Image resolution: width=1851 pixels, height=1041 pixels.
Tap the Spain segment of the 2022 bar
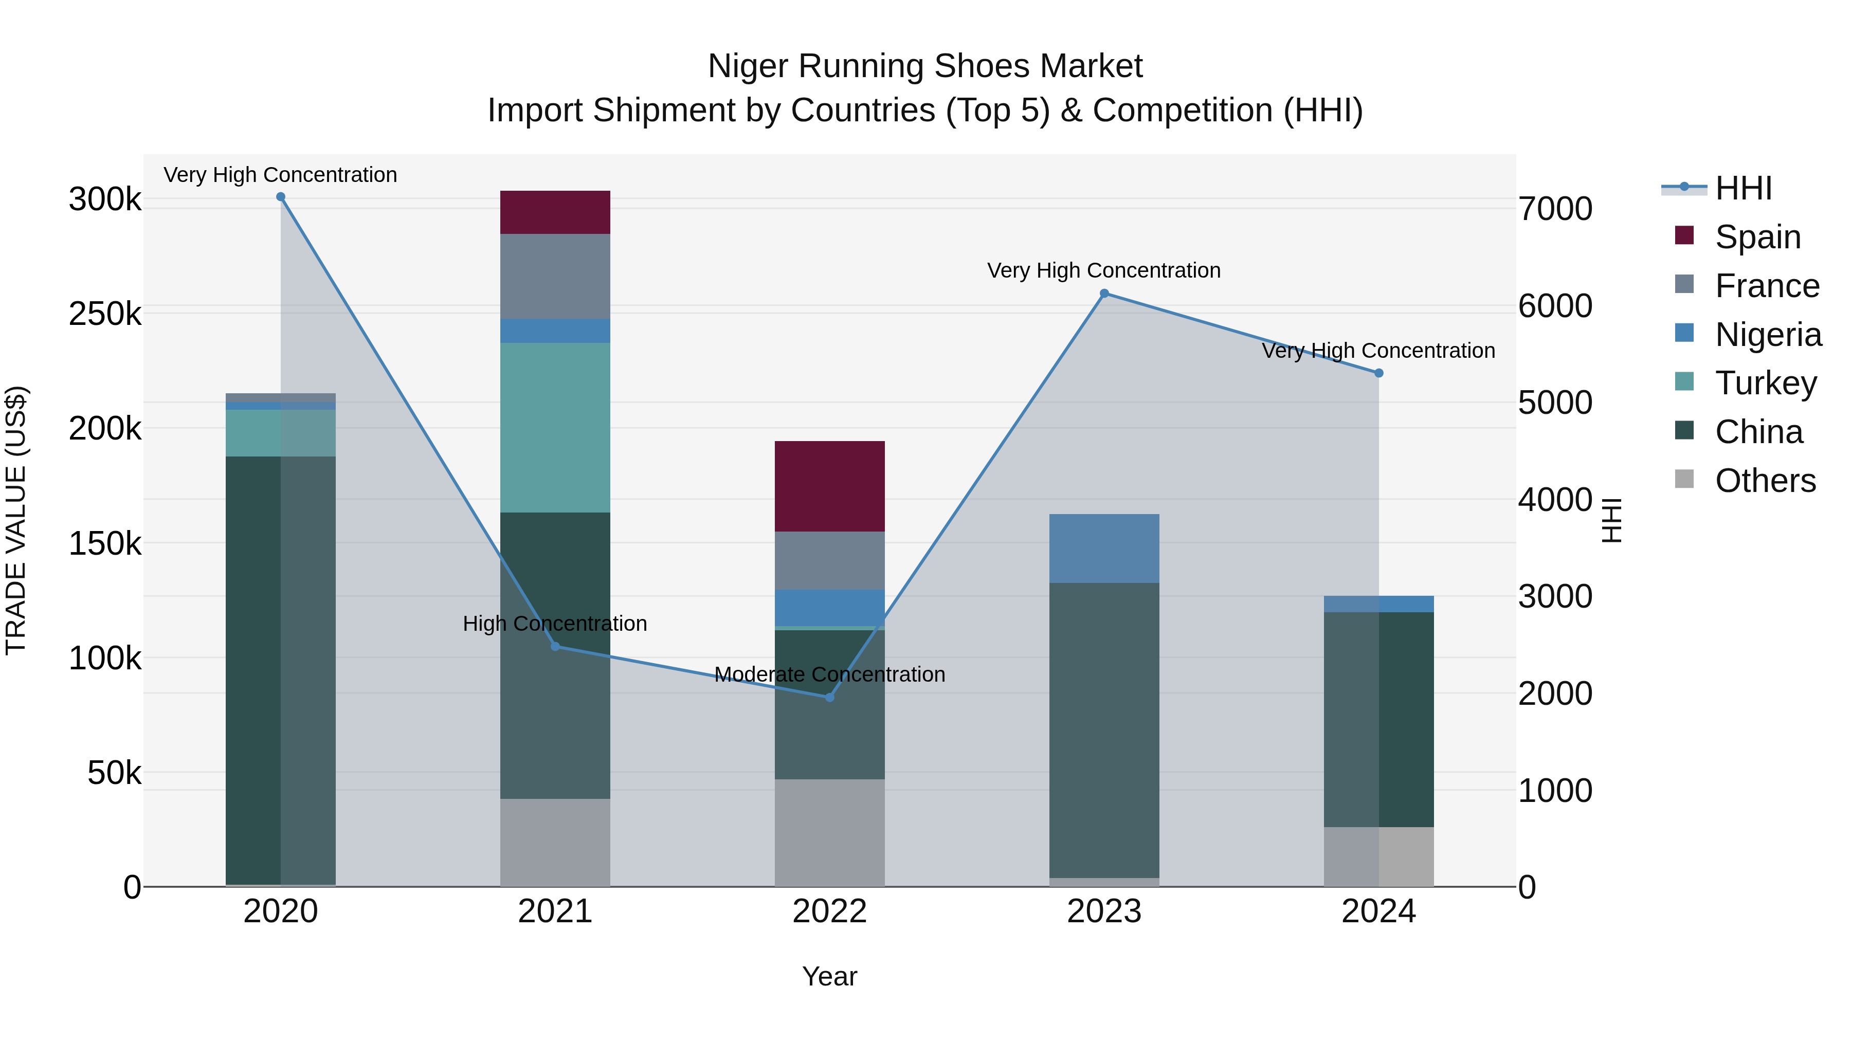829,486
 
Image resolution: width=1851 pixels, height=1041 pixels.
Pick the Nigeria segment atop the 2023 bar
1104,547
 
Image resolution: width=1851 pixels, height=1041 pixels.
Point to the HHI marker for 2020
281,197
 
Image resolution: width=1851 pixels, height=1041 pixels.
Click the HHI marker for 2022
829,697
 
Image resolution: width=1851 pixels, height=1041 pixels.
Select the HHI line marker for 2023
1104,293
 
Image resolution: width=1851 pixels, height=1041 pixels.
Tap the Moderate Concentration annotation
829,674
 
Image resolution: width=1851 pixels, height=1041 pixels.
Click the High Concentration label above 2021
555,624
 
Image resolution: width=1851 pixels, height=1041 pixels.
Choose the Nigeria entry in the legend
1768,335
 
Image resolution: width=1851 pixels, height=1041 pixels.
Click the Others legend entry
1765,481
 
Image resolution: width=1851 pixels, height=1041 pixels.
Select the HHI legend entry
1743,188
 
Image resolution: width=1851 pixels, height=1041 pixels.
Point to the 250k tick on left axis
105,314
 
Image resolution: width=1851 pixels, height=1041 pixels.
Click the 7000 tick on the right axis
1555,209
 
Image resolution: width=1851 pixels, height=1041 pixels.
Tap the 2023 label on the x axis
1104,911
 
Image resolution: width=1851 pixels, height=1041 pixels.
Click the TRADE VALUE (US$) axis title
16,520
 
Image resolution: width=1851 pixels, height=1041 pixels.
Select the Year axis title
829,976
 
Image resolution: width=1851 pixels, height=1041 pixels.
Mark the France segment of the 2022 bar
829,560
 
